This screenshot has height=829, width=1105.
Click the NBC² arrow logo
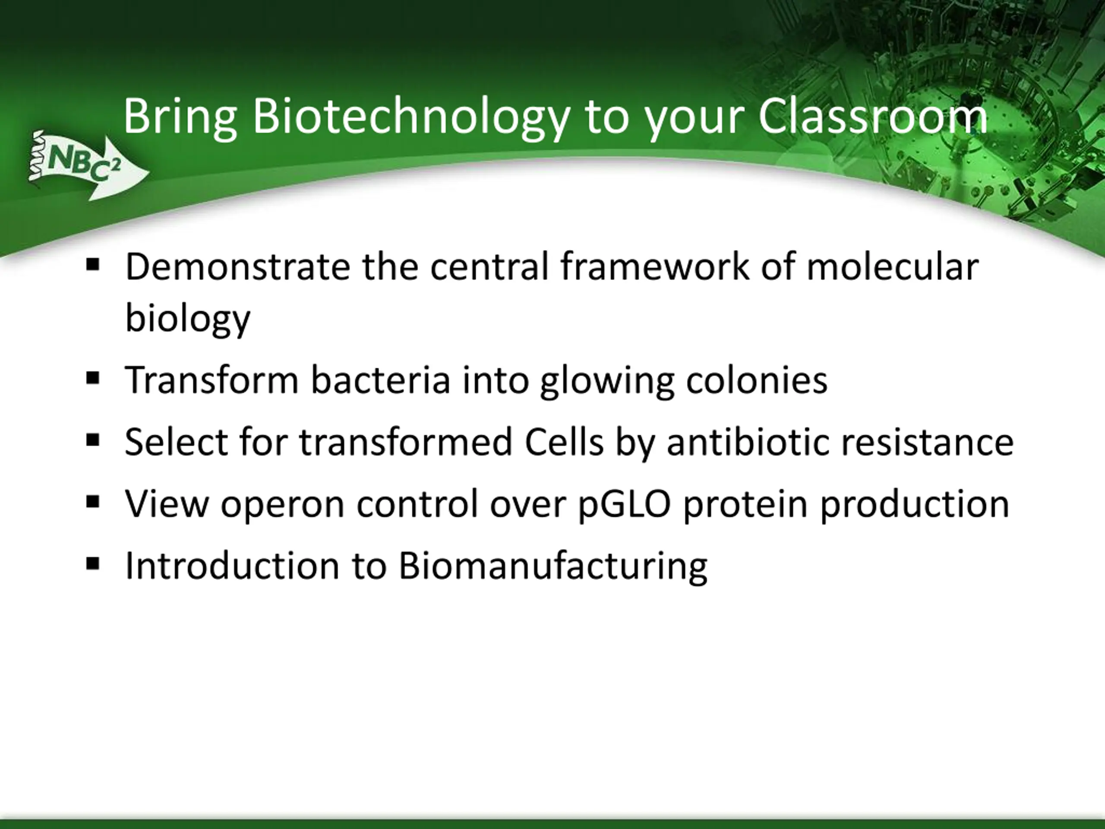(88, 165)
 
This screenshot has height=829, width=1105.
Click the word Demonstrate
(237, 267)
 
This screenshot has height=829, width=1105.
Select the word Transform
(212, 380)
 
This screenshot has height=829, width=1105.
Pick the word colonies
(756, 380)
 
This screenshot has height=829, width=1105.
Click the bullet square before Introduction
(93, 563)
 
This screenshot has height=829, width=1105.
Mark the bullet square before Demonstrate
(93, 265)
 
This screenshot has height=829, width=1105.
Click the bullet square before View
(93, 502)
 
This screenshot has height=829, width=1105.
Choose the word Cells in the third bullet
(564, 442)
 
